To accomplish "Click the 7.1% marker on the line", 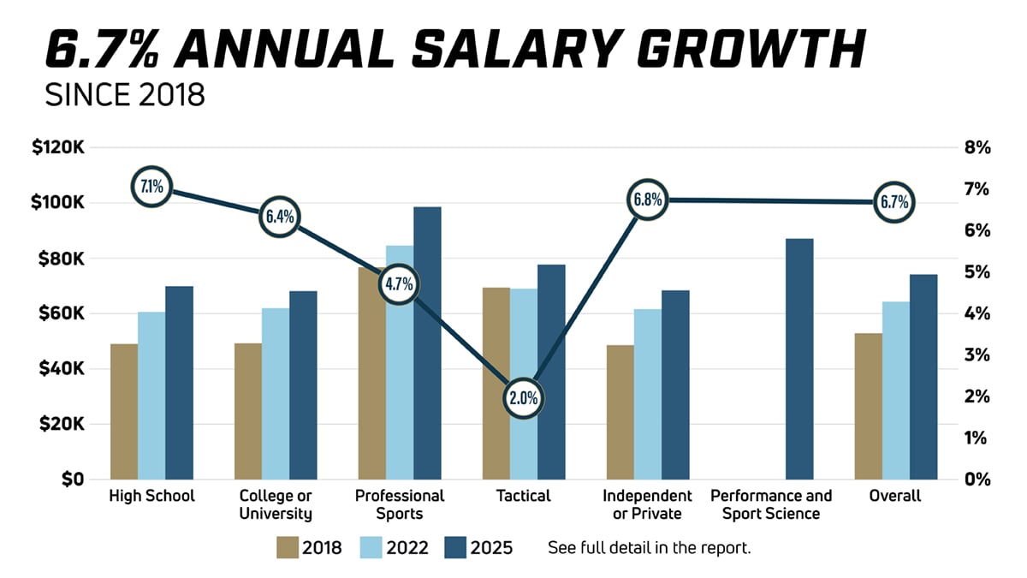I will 151,186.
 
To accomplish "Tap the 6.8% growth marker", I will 647,200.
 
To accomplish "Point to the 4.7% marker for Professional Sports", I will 400,283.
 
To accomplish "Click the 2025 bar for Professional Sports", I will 427,343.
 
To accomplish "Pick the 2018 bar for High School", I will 124,411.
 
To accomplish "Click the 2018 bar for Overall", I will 869,406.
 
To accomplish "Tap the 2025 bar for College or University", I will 303,384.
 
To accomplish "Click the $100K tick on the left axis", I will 58,203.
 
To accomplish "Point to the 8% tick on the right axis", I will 977,148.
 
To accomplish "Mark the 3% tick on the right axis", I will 977,355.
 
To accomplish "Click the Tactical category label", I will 523,496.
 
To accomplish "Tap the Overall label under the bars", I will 894,496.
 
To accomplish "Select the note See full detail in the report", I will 649,547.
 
